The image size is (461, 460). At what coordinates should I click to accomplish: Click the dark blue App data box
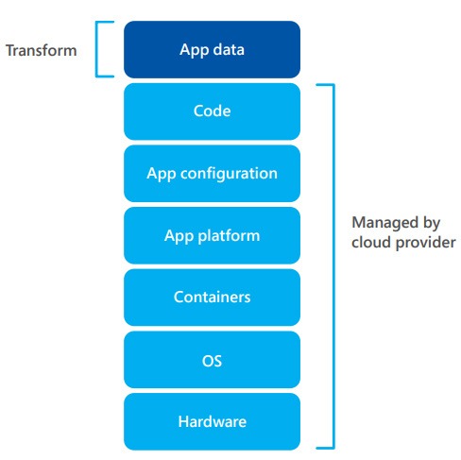click(212, 49)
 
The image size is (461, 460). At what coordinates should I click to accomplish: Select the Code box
click(212, 111)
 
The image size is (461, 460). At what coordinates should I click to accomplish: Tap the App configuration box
click(212, 173)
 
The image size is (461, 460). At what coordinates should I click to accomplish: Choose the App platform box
click(212, 235)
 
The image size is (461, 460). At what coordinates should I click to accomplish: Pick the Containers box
click(212, 298)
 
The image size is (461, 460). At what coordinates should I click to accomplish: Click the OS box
click(212, 359)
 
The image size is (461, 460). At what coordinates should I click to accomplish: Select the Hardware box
click(212, 421)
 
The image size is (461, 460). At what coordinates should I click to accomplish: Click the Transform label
click(42, 50)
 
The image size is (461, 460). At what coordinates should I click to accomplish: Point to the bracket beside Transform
click(96, 49)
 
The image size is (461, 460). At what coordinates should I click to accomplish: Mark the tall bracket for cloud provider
click(333, 266)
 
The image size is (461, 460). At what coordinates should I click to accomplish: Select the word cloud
click(371, 243)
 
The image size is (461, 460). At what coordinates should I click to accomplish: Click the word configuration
click(229, 174)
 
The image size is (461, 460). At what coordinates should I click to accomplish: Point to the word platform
click(229, 236)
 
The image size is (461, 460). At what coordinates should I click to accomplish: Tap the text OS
click(212, 361)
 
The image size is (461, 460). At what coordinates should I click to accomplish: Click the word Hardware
click(213, 421)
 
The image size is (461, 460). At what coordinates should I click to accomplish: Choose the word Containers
click(213, 298)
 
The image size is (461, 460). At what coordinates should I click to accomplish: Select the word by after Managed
click(432, 224)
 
